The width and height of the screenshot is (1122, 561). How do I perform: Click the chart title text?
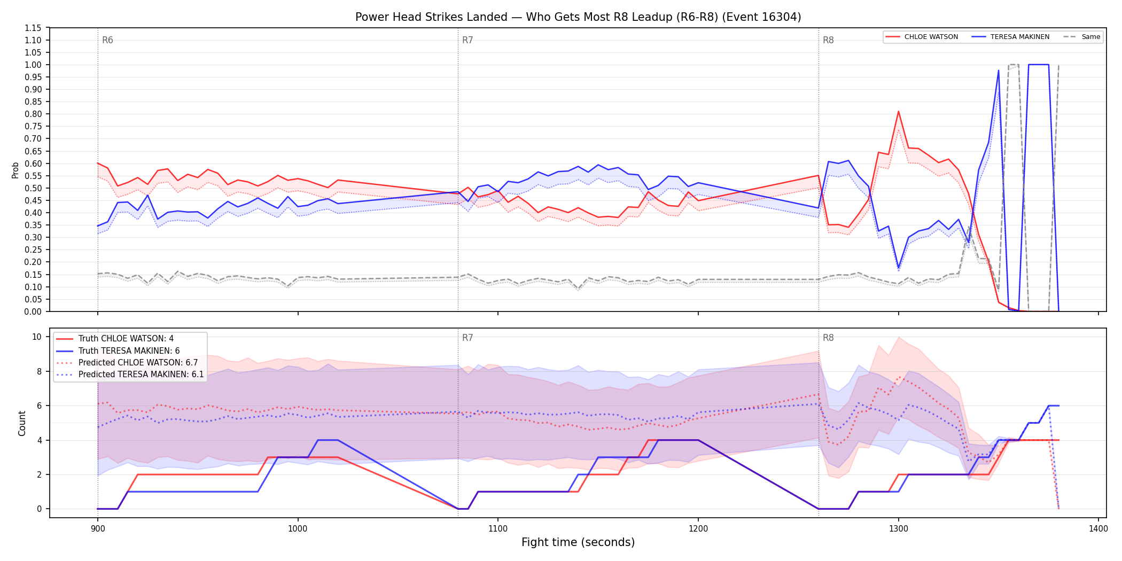click(x=578, y=17)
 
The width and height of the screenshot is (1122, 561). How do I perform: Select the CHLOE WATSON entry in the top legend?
click(x=931, y=37)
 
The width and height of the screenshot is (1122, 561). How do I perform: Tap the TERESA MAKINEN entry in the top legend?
click(x=1019, y=37)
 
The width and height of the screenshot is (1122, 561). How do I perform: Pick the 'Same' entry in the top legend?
click(x=1090, y=37)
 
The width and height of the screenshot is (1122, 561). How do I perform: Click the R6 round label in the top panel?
click(x=107, y=40)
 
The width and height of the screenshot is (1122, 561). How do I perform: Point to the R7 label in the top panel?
click(x=467, y=40)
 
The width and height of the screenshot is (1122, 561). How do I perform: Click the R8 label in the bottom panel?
click(x=828, y=338)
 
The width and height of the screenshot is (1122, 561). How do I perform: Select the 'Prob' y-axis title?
click(x=15, y=170)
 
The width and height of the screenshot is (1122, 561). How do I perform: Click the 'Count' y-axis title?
click(x=22, y=423)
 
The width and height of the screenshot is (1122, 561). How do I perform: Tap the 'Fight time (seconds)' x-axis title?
click(x=578, y=542)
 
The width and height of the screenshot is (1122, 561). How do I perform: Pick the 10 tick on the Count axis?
click(x=37, y=337)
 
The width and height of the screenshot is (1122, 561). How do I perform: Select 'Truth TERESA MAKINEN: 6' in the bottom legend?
click(x=129, y=351)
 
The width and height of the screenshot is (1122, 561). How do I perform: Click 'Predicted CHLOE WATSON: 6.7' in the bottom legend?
click(x=138, y=363)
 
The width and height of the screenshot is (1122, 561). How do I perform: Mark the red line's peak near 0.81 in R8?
click(x=899, y=111)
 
